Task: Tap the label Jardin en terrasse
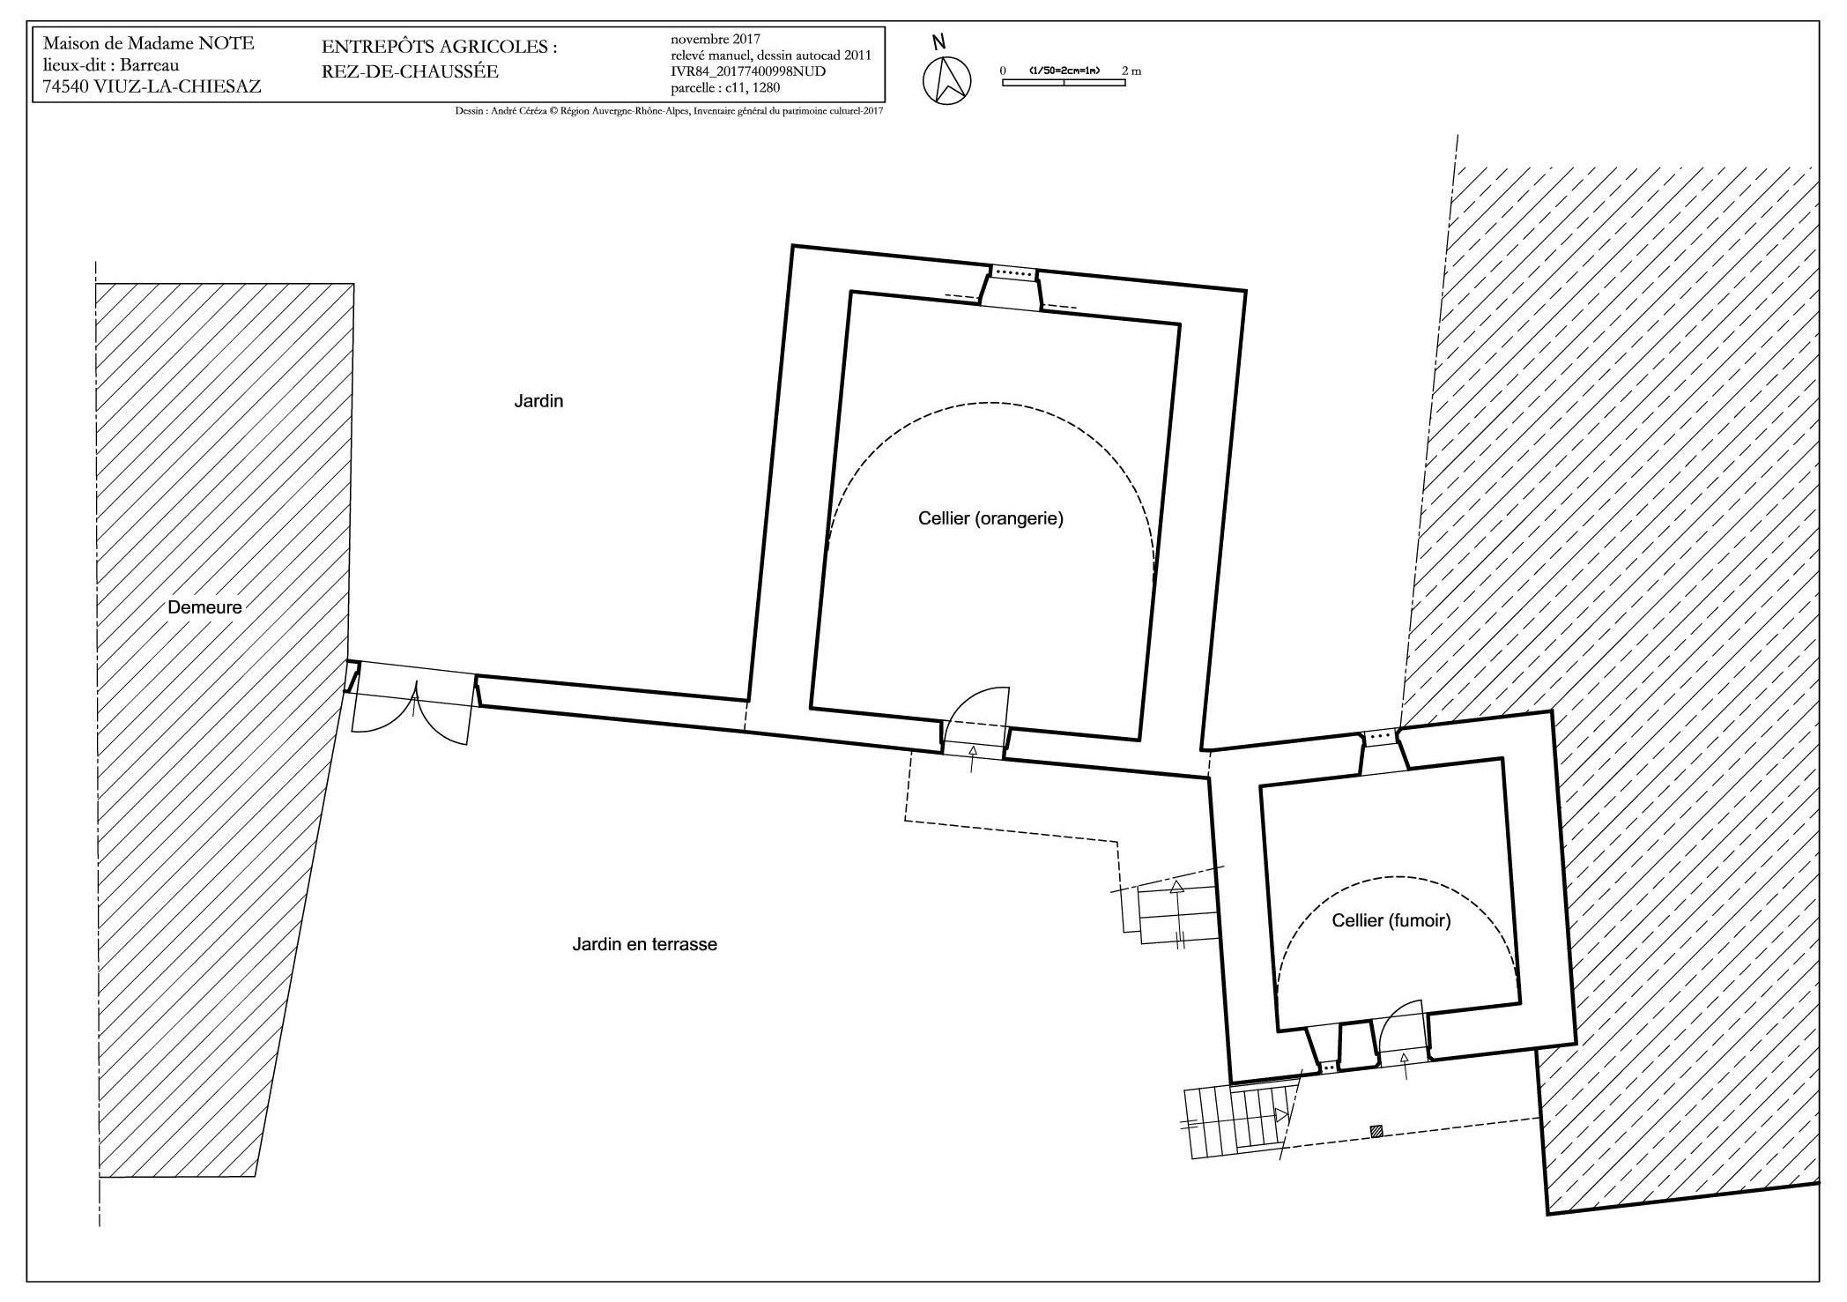point(645,944)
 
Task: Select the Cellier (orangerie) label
point(990,518)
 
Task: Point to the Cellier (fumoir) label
point(1391,920)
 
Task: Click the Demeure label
point(204,606)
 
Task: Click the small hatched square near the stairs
point(1376,1131)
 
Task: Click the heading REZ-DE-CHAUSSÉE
point(411,71)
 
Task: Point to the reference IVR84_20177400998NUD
point(748,71)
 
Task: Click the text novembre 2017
point(715,39)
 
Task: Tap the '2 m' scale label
point(1131,71)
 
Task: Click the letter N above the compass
point(939,41)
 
